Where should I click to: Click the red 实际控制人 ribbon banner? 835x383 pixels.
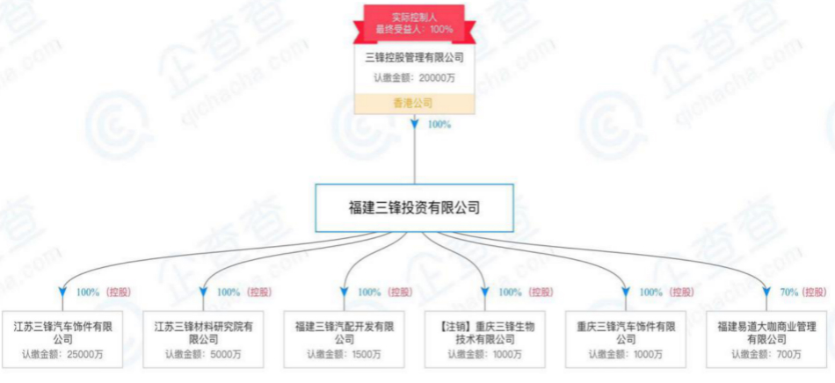[413, 24]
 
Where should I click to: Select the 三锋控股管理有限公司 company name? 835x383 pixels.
[413, 57]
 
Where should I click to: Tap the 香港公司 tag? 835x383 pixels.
[413, 103]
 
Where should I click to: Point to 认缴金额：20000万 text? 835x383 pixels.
[413, 77]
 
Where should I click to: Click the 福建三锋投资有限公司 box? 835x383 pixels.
[414, 207]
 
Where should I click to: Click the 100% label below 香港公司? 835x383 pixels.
[439, 125]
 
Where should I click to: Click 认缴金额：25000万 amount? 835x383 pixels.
[62, 355]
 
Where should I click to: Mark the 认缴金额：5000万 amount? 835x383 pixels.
[203, 355]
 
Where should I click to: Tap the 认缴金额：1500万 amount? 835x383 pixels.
[344, 355]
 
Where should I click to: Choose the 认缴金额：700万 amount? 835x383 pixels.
[766, 355]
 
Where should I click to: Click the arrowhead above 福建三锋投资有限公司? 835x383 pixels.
[414, 125]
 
